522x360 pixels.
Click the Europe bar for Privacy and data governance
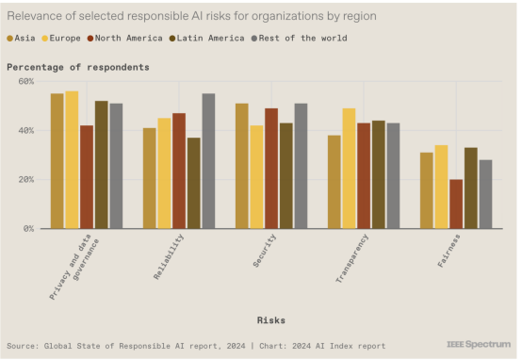point(72,160)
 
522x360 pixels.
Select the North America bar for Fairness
point(456,205)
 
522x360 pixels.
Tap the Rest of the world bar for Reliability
point(209,161)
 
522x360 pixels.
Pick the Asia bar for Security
point(242,166)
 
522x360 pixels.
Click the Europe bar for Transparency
point(349,169)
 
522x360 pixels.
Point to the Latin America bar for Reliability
point(194,183)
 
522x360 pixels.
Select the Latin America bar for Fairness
point(471,188)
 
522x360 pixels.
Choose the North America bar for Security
point(271,169)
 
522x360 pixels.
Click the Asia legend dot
point(10,39)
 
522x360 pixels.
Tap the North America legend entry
point(125,39)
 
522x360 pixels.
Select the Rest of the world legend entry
point(300,39)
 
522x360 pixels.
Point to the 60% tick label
point(26,82)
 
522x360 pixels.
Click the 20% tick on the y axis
point(26,180)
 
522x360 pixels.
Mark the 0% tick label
point(28,229)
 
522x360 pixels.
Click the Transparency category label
point(351,259)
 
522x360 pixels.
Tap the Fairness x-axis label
point(449,251)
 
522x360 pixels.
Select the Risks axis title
point(271,320)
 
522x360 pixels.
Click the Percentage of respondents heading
point(78,67)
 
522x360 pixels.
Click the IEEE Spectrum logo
point(479,344)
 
